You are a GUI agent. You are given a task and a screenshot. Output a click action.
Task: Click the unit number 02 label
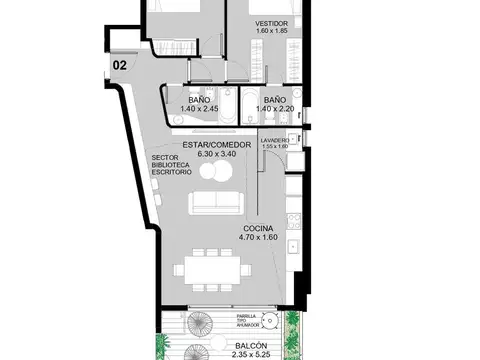tap(120, 66)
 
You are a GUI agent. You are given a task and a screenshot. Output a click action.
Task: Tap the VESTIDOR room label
tap(271, 22)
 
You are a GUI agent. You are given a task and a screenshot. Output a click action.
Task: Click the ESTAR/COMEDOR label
tap(208, 145)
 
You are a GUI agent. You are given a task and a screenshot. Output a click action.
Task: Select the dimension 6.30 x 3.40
tap(208, 154)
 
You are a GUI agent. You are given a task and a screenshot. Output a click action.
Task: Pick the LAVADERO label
tap(275, 140)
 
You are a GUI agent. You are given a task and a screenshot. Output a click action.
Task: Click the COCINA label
tap(257, 228)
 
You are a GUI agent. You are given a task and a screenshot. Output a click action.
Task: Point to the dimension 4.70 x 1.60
tap(257, 237)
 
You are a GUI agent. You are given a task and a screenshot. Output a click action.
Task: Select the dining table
tap(211, 269)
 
